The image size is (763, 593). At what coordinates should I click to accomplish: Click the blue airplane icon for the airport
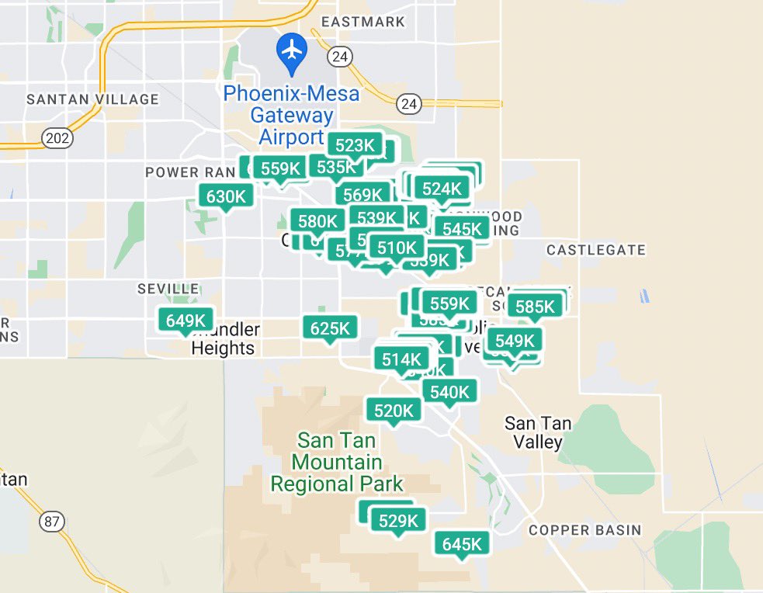coord(292,50)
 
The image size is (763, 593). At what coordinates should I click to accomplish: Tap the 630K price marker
coord(226,196)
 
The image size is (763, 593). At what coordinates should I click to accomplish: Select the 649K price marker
coord(186,320)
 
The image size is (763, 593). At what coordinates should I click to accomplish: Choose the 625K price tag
coord(331,328)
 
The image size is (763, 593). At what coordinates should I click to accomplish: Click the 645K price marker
coord(463,544)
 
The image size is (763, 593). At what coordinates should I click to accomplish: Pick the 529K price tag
coord(398,521)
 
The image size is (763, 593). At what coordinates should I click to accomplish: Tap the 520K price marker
coord(394,411)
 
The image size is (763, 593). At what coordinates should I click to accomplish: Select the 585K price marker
coord(536,307)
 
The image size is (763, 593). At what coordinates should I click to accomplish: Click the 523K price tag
coord(355,145)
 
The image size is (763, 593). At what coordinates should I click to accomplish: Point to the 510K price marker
coord(397,248)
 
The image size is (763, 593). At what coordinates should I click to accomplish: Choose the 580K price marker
coord(317,221)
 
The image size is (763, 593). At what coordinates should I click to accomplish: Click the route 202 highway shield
coord(59,139)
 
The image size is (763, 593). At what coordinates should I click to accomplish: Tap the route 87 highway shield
coord(51,522)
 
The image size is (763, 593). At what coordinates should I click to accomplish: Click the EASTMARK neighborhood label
coord(363,22)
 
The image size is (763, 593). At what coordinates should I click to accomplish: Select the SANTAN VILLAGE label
coord(92,99)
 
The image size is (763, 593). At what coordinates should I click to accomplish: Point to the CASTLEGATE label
coord(595,250)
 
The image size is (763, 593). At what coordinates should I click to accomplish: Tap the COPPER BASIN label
coord(585,530)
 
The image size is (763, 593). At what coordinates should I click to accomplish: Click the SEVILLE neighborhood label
coord(168,289)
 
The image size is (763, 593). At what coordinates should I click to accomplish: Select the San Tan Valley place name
coord(538,433)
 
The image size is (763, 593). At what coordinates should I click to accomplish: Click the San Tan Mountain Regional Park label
coord(336,463)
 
